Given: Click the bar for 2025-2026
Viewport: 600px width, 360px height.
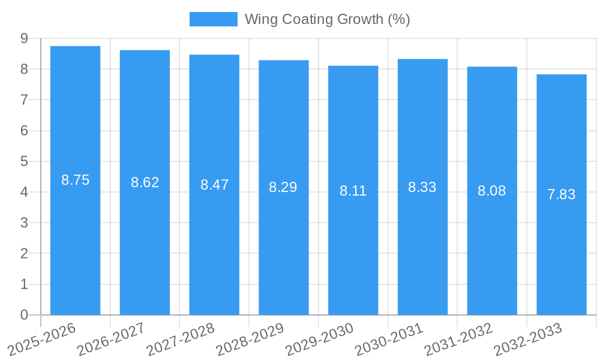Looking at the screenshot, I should pos(75,180).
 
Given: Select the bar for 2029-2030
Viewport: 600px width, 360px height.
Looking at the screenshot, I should pos(353,190).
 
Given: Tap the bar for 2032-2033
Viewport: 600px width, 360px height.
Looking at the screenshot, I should pos(562,194).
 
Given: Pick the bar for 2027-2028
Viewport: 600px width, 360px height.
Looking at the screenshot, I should pos(214,185).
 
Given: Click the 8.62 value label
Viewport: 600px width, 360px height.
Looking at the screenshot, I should pos(145,182).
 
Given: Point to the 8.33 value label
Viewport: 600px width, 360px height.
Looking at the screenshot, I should pos(422,187).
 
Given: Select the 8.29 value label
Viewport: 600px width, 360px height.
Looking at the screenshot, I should pos(283,187).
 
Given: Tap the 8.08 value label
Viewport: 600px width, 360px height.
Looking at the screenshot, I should pos(492,191).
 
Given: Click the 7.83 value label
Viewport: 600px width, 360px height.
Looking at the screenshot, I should pos(562,194).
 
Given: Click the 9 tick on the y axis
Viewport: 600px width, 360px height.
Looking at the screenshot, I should pos(24,38).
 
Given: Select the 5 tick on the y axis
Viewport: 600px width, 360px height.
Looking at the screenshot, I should pos(24,161).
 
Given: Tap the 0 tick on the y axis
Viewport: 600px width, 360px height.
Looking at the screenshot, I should pos(24,315).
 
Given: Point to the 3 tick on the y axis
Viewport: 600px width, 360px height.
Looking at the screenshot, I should pos(24,223).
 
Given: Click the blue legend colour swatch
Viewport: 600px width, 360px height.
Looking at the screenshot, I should pos(213,19).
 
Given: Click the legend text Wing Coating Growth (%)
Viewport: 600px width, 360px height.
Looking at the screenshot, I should pos(327,19).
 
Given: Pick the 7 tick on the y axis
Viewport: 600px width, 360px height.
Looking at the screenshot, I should pos(24,100).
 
